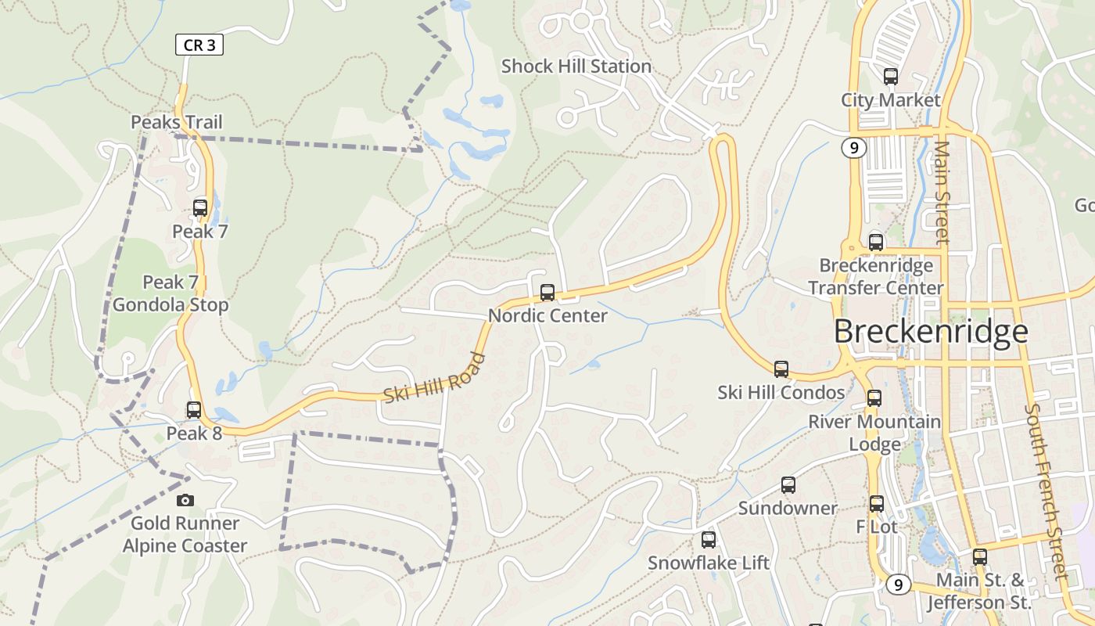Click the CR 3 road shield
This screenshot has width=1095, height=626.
click(x=199, y=45)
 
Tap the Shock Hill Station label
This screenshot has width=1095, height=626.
click(x=576, y=67)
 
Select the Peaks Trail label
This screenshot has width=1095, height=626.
click(x=177, y=122)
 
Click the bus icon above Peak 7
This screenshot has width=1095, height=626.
click(x=200, y=208)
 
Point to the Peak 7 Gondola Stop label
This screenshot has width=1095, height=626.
click(x=171, y=293)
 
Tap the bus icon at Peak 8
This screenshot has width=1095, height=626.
click(x=193, y=409)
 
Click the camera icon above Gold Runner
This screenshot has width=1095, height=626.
click(x=185, y=500)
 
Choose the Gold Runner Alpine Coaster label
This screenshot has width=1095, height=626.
click(x=185, y=534)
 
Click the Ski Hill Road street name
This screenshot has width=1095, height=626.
click(x=435, y=379)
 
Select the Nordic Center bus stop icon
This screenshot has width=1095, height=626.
click(x=547, y=293)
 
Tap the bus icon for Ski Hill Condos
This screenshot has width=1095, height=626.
click(x=781, y=369)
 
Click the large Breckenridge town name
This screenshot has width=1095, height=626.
click(x=930, y=332)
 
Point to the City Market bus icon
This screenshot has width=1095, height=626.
click(x=890, y=77)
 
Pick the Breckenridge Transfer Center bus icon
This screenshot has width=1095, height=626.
click(x=875, y=243)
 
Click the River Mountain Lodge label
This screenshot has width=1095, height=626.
click(x=874, y=433)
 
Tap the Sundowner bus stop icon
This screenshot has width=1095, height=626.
click(x=788, y=485)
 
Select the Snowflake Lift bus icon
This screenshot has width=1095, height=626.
click(x=708, y=539)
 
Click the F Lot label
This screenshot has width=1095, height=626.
click(x=877, y=527)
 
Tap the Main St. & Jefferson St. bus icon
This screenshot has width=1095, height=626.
click(x=979, y=557)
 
